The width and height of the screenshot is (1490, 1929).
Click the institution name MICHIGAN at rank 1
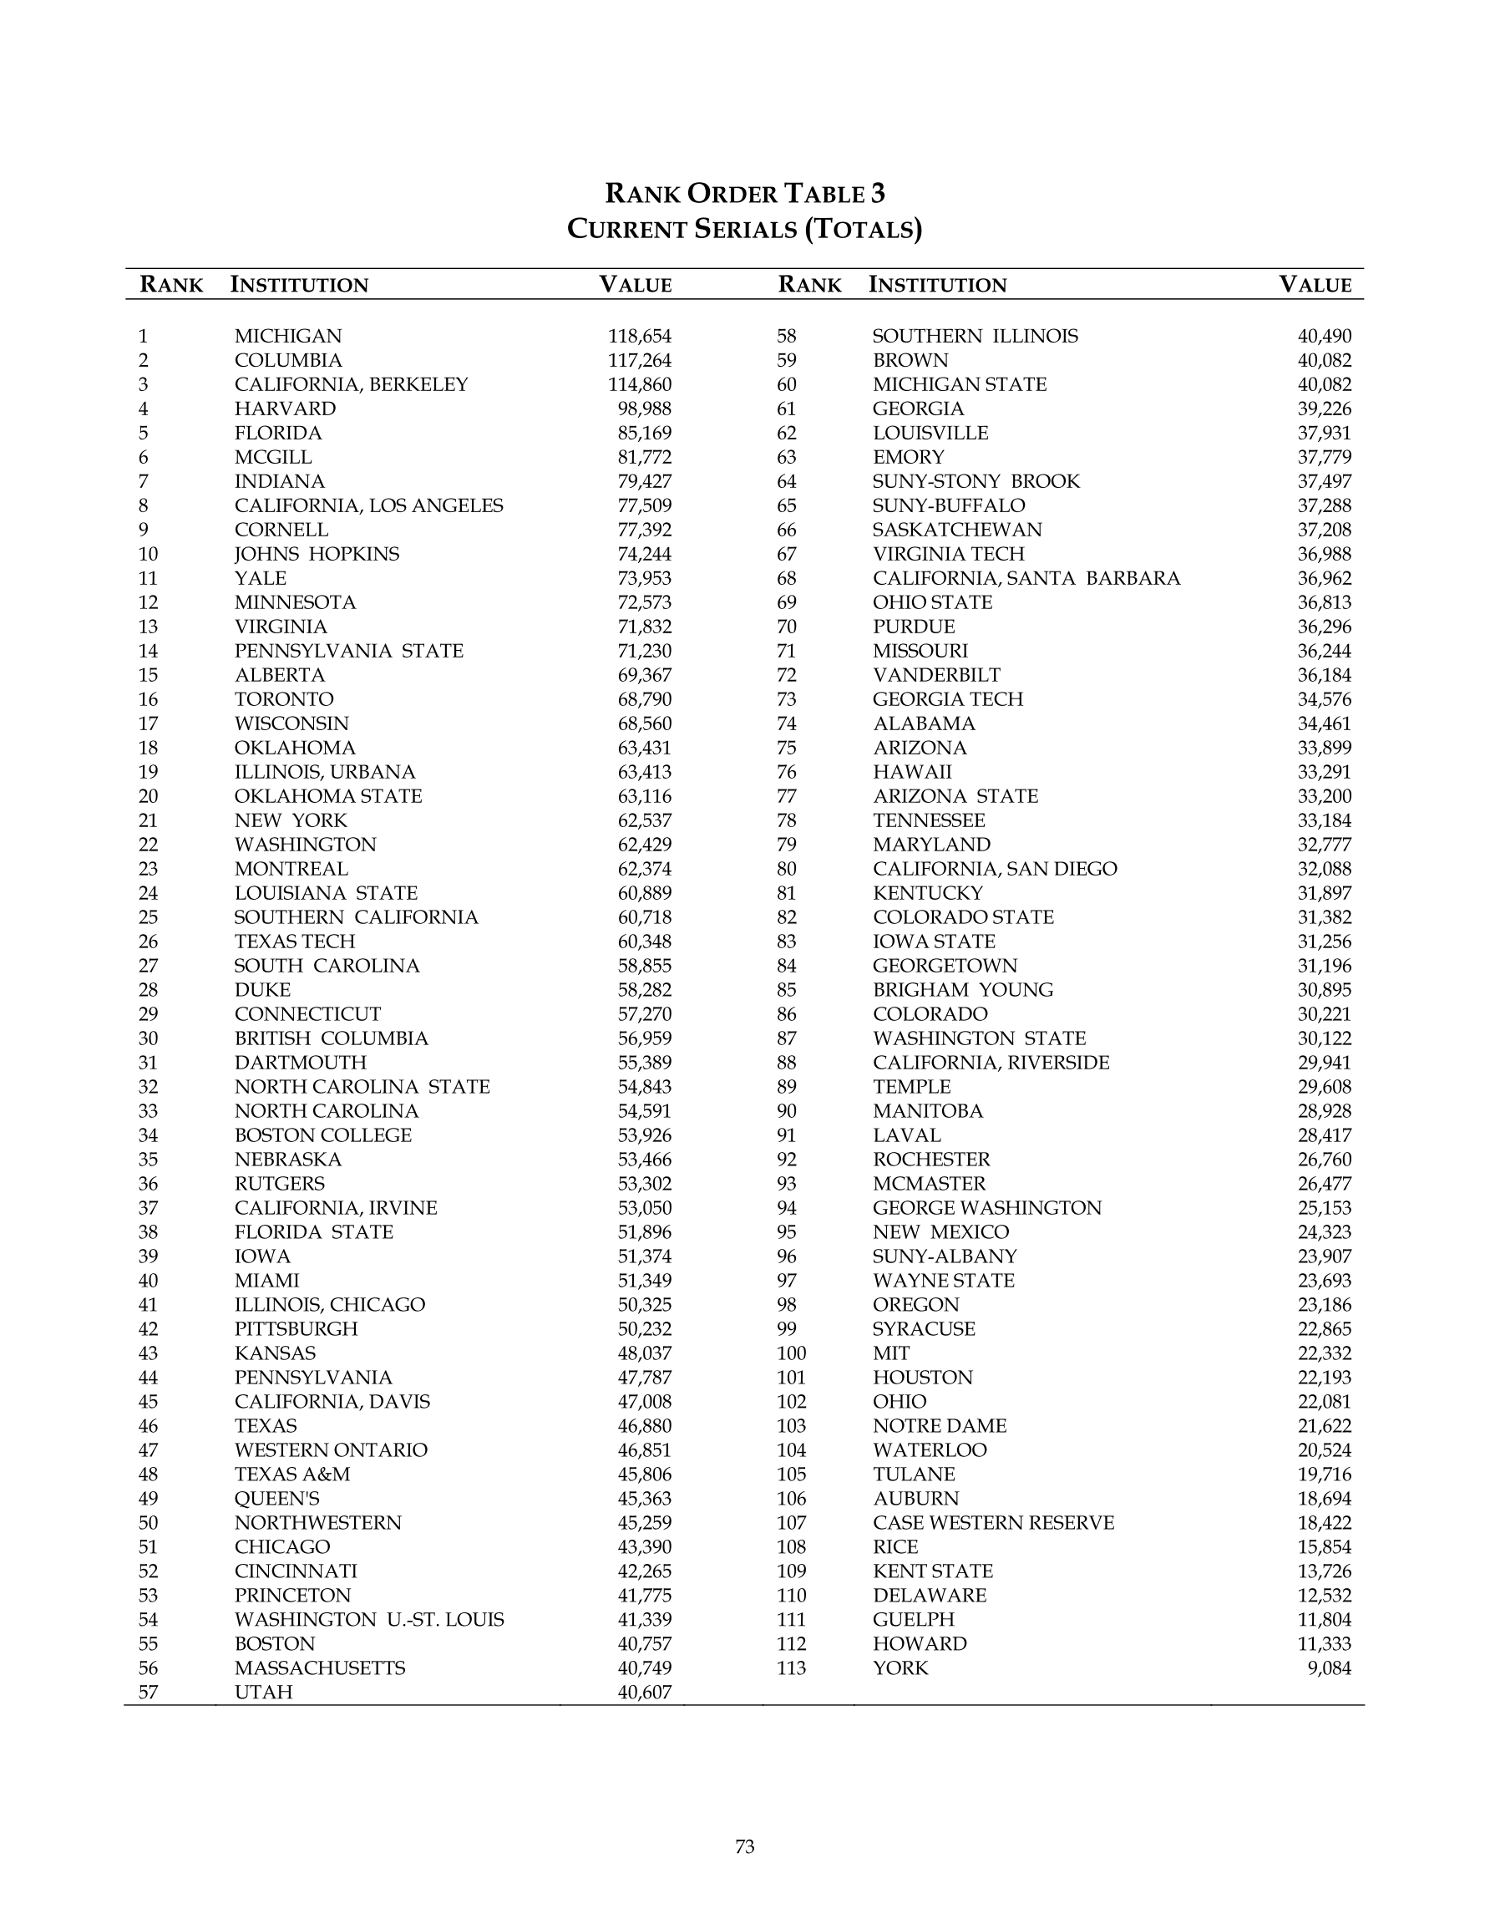288,337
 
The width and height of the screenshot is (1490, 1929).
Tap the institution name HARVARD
286,409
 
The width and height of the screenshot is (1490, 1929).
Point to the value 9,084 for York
1330,1668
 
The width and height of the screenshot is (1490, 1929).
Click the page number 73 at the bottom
744,1847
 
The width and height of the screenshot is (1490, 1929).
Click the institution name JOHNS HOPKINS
317,554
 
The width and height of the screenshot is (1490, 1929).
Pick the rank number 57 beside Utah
148,1693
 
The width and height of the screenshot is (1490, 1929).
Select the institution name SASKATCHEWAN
956,530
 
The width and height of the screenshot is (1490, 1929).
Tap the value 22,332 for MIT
1324,1353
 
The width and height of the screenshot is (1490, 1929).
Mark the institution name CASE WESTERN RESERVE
993,1523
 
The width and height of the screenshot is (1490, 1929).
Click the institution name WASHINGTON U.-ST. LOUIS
369,1620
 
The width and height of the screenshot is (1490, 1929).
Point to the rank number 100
792,1353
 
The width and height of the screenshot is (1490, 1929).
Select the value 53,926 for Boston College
645,1135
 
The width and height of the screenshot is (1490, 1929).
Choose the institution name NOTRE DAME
939,1425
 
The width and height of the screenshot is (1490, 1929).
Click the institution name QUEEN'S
276,1499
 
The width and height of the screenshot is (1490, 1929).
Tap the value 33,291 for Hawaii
1324,772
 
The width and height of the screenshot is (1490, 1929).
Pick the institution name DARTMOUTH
301,1063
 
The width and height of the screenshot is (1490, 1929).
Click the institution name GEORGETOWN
944,967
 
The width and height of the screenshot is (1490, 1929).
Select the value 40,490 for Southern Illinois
1324,337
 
